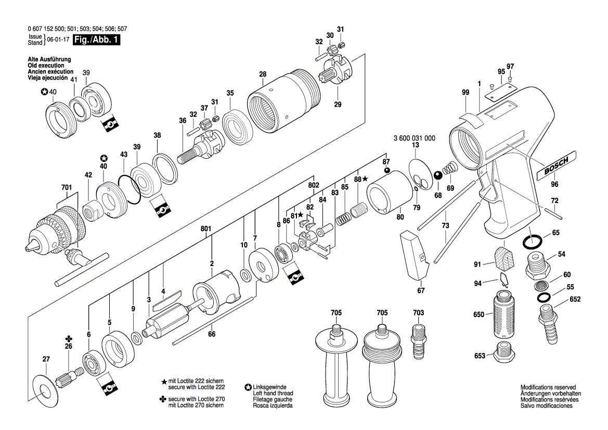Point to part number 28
(263, 74)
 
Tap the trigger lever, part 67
(414, 255)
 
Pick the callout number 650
(478, 314)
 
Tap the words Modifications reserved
(548, 388)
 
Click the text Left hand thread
(273, 394)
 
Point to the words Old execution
(46, 66)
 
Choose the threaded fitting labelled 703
(418, 341)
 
